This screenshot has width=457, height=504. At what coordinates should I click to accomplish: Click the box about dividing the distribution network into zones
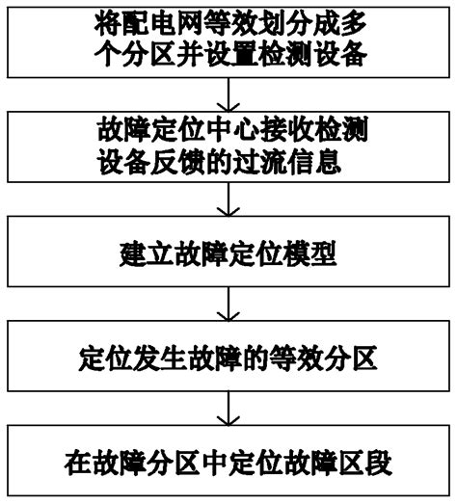[x=228, y=39]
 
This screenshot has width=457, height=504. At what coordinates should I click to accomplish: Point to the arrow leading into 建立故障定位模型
[x=228, y=199]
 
